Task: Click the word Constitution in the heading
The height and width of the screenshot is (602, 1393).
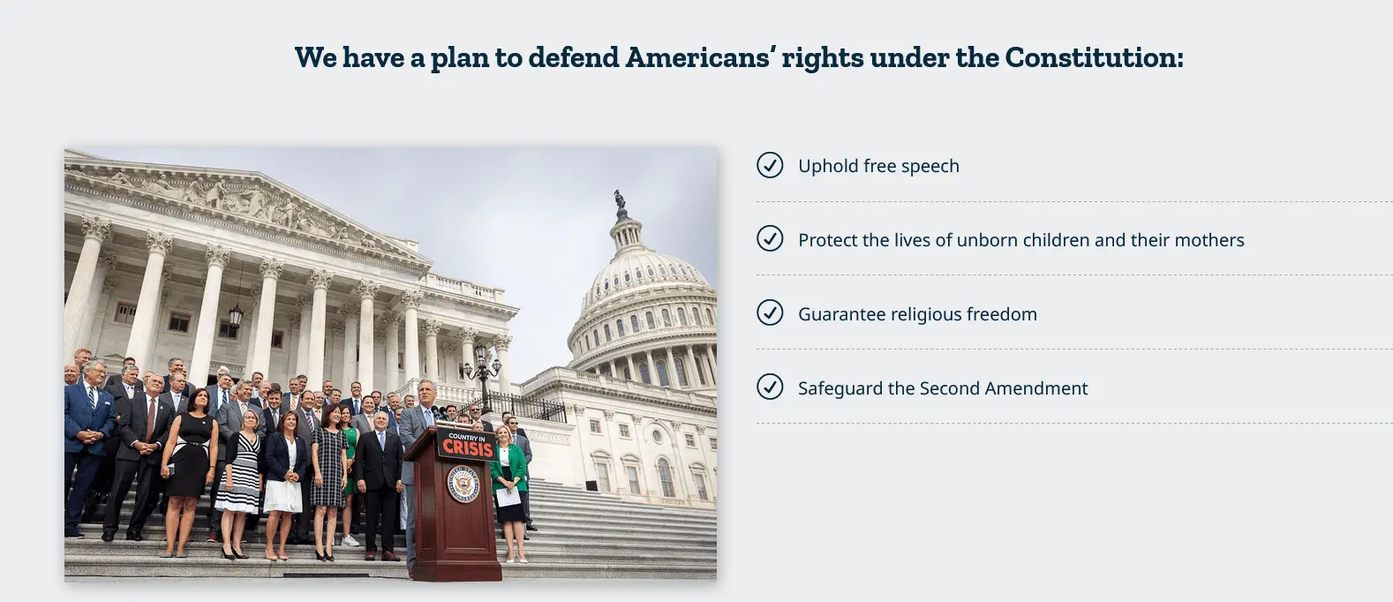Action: (1094, 58)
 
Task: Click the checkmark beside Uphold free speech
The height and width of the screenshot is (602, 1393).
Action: (770, 165)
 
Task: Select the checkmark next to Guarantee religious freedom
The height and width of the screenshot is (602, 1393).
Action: (770, 312)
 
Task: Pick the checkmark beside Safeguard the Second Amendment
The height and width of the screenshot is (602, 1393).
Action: (770, 387)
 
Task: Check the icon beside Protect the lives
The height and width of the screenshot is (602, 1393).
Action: (770, 239)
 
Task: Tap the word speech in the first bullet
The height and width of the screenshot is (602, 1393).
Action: (930, 167)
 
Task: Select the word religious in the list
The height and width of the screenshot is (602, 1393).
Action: (925, 314)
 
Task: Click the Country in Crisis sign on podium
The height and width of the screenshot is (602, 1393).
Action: (467, 444)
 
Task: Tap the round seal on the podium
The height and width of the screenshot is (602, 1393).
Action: (464, 485)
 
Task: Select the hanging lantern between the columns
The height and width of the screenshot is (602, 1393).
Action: (236, 315)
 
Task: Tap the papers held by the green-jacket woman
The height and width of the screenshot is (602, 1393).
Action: (508, 496)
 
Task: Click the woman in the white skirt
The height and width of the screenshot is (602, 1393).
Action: (285, 485)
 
